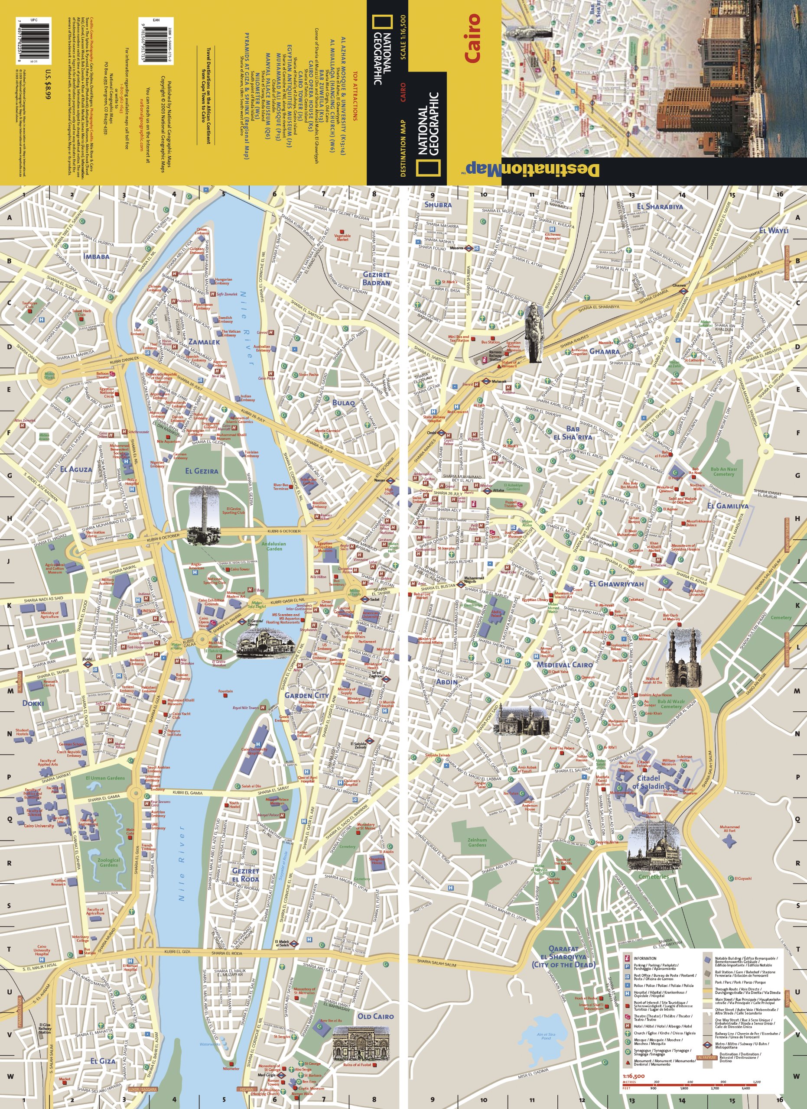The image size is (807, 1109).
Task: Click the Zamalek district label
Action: [204, 342]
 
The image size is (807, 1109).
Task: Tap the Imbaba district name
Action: [96, 256]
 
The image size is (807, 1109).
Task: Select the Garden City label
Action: [307, 695]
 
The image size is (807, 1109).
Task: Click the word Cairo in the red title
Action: [472, 39]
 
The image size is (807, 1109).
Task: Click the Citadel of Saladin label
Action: [648, 782]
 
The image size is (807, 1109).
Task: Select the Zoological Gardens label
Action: [109, 863]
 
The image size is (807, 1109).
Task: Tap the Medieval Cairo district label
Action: [564, 665]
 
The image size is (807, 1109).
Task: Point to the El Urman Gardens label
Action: [105, 778]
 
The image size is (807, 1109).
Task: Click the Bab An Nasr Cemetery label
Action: [723, 471]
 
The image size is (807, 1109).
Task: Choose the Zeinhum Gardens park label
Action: [477, 842]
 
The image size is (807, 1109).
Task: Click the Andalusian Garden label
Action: [273, 546]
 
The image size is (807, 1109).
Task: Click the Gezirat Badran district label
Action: [376, 278]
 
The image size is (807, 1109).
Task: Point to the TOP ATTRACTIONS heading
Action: [355, 96]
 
